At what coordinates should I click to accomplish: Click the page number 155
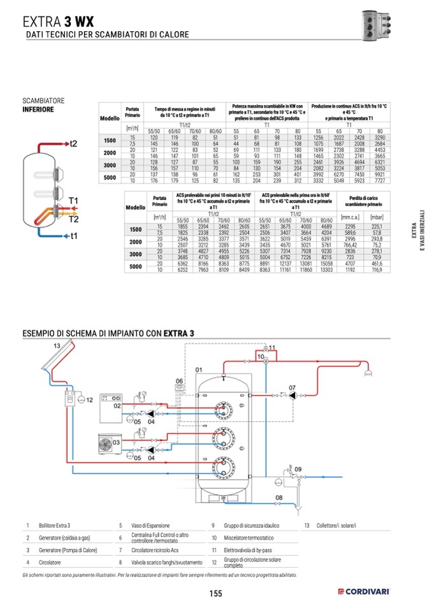coord(215,593)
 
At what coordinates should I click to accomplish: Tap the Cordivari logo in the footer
coord(364,593)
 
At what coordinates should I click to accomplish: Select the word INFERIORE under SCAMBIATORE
coord(38,110)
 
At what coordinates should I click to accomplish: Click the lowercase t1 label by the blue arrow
coord(73,236)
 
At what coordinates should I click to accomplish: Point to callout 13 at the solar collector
coord(57,345)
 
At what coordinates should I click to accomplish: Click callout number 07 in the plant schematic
coord(292,387)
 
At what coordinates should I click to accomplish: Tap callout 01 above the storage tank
coord(198,370)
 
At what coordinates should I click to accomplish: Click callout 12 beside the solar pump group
coord(89,400)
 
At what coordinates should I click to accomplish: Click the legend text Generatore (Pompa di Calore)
coord(68,550)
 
